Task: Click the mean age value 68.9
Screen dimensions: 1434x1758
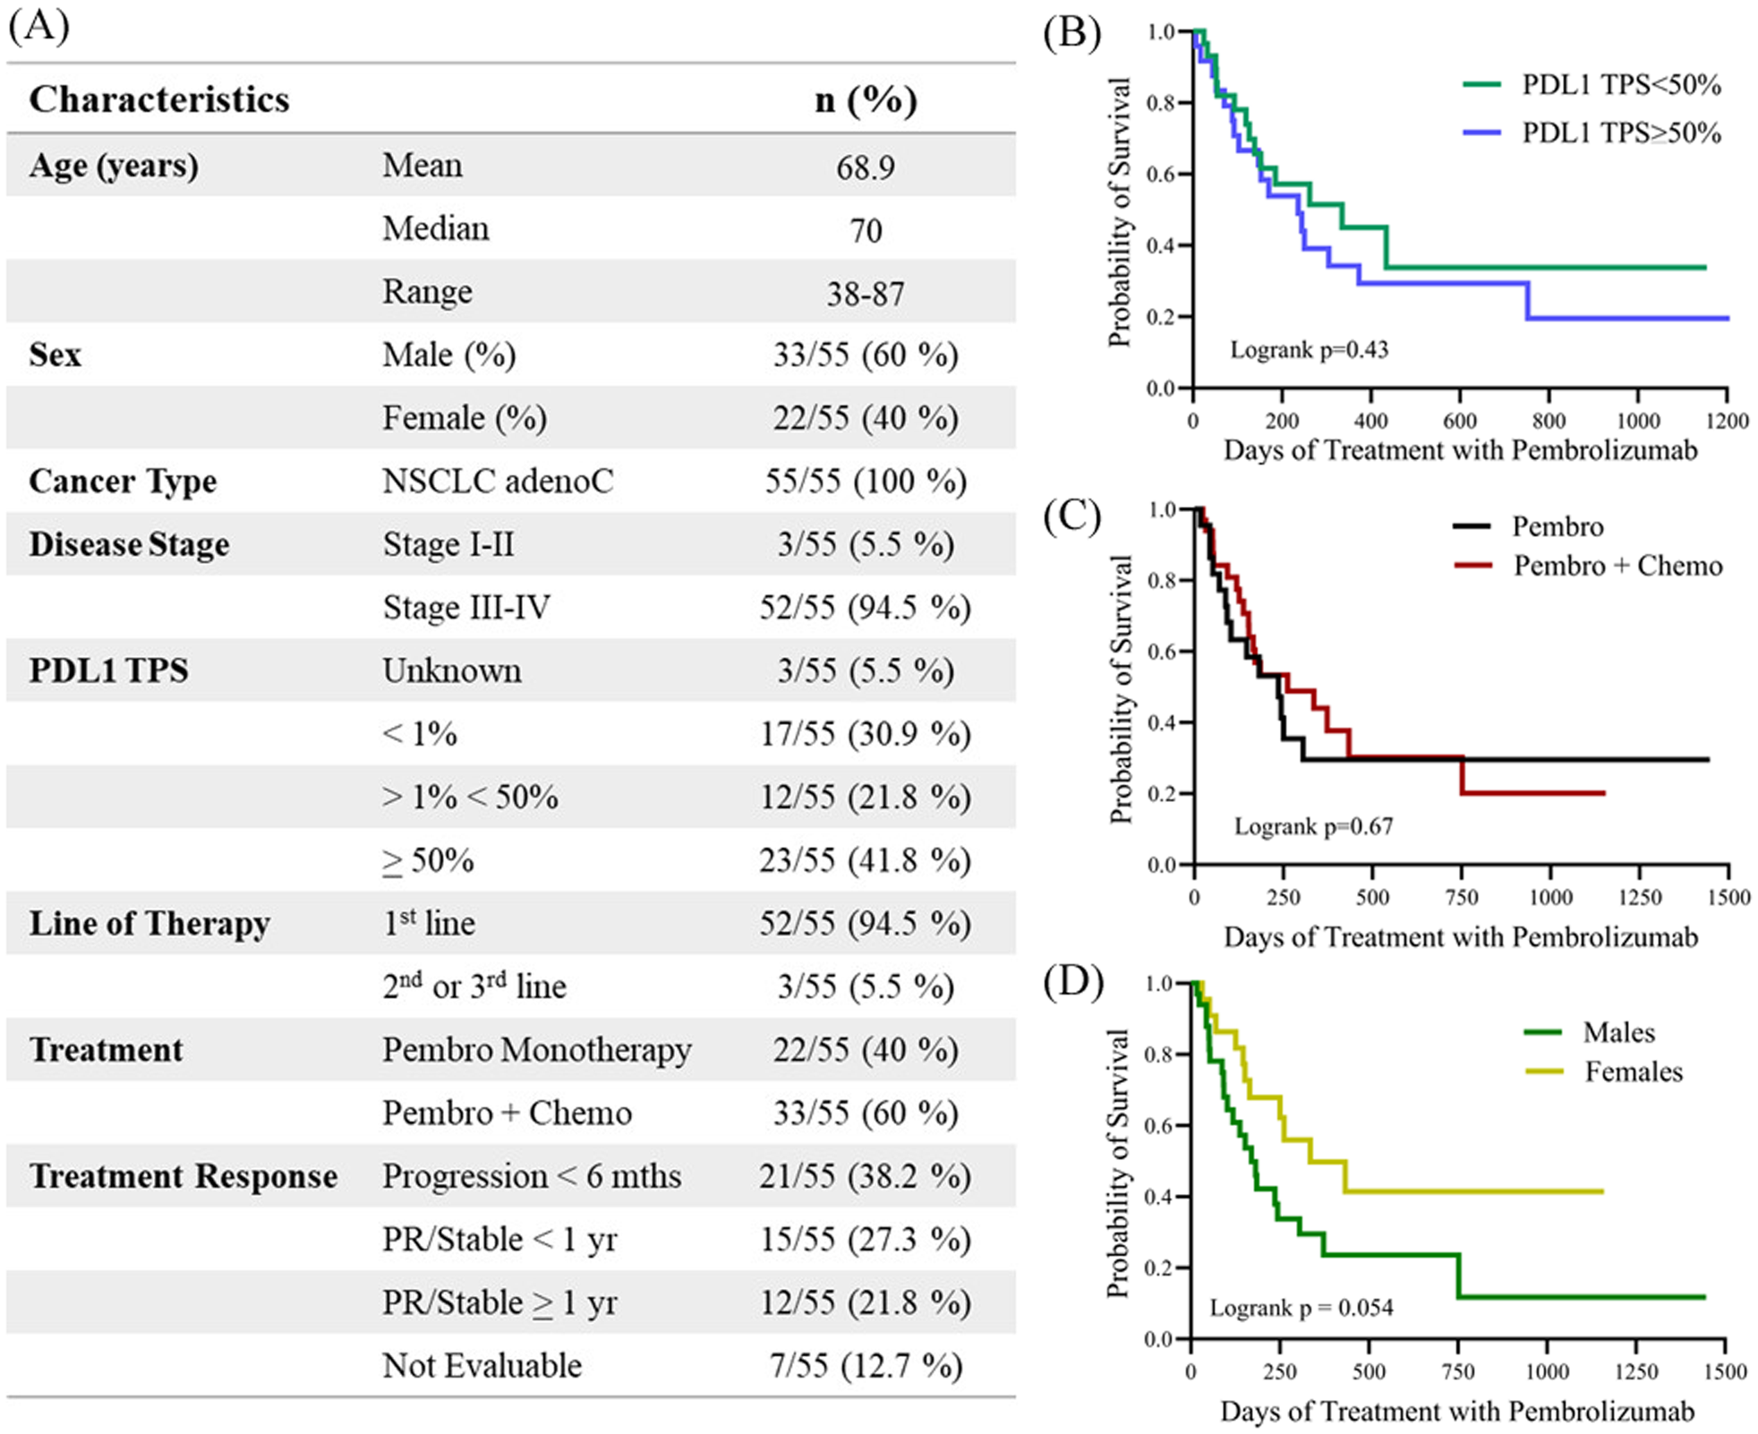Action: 865,167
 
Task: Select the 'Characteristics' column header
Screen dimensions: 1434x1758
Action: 159,99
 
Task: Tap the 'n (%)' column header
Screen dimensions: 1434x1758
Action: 865,100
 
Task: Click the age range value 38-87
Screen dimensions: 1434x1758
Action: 865,294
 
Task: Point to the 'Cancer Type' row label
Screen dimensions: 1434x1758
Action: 123,482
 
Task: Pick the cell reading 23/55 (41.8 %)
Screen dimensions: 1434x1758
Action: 865,860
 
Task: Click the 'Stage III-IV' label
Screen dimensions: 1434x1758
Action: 466,608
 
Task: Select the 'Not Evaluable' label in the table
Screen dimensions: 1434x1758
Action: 482,1366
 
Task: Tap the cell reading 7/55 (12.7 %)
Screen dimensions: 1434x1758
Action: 865,1366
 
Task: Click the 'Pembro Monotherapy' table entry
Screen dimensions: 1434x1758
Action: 536,1050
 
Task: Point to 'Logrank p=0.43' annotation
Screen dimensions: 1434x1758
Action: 1309,350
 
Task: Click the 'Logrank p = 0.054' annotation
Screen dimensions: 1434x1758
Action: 1301,1309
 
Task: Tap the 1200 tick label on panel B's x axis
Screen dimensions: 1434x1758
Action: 1726,421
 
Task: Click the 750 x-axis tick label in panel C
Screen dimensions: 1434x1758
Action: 1462,898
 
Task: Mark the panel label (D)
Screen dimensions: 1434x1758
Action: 1071,982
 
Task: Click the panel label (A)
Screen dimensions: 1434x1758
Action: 38,27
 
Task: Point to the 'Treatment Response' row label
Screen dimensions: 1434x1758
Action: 183,1176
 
